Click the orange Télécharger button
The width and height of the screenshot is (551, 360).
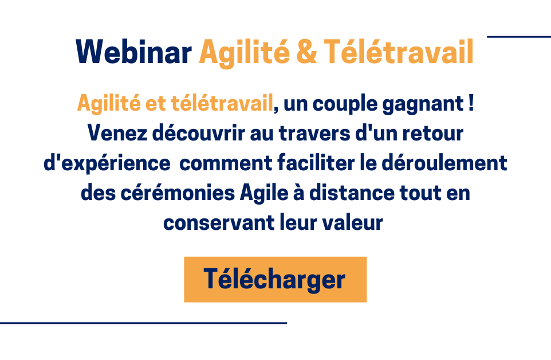click(x=275, y=280)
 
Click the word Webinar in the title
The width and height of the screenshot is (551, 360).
click(x=133, y=52)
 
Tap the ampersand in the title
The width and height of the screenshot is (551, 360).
click(x=307, y=52)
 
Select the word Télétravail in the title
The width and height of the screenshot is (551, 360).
click(x=399, y=52)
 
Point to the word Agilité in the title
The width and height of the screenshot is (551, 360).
click(x=244, y=53)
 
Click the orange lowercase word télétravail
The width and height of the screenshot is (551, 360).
click(x=222, y=103)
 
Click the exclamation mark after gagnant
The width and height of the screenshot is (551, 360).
click(x=471, y=103)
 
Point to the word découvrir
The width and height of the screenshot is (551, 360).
click(x=198, y=133)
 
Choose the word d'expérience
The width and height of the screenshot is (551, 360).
click(x=107, y=164)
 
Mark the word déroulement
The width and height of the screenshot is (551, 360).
click(x=444, y=163)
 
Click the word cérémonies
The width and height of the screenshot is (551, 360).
click(x=178, y=193)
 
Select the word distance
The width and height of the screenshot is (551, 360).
click(x=352, y=193)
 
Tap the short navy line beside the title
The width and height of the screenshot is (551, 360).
click(x=519, y=37)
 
